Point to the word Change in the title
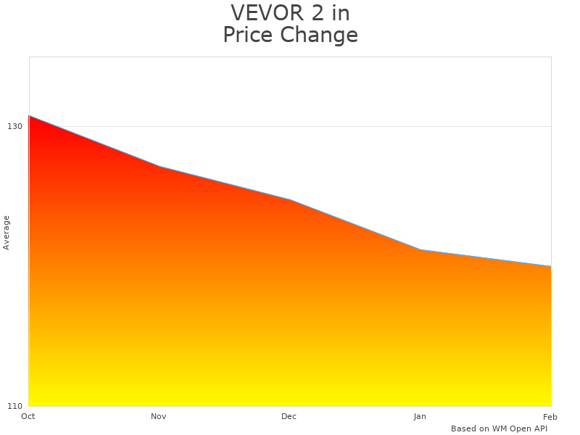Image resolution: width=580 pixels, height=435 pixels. pyautogui.click(x=318, y=35)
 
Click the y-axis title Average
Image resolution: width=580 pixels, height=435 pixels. pyautogui.click(x=7, y=232)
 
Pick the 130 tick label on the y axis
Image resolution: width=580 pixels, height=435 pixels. pyautogui.click(x=14, y=126)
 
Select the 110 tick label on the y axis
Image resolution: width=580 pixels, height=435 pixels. pyautogui.click(x=14, y=405)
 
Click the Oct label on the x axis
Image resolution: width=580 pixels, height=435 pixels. pyautogui.click(x=28, y=416)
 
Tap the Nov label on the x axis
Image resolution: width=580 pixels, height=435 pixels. pyautogui.click(x=159, y=416)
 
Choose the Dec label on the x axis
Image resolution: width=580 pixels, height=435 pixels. pyautogui.click(x=289, y=416)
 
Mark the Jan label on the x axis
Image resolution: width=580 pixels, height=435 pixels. pyautogui.click(x=420, y=416)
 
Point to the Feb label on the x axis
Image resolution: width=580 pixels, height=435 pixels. pyautogui.click(x=550, y=416)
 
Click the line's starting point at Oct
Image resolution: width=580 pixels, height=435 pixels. pyautogui.click(x=29, y=115)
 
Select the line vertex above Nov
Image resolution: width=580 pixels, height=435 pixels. pyautogui.click(x=159, y=167)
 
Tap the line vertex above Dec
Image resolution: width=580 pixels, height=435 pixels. pyautogui.click(x=290, y=199)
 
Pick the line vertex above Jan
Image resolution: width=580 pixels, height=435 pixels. pyautogui.click(x=420, y=250)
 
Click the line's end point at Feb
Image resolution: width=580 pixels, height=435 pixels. pyautogui.click(x=550, y=266)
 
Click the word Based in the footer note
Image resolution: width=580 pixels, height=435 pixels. pyautogui.click(x=463, y=428)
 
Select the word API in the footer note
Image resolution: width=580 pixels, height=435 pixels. pyautogui.click(x=539, y=428)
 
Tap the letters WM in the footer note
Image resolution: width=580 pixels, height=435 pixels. pyautogui.click(x=500, y=428)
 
